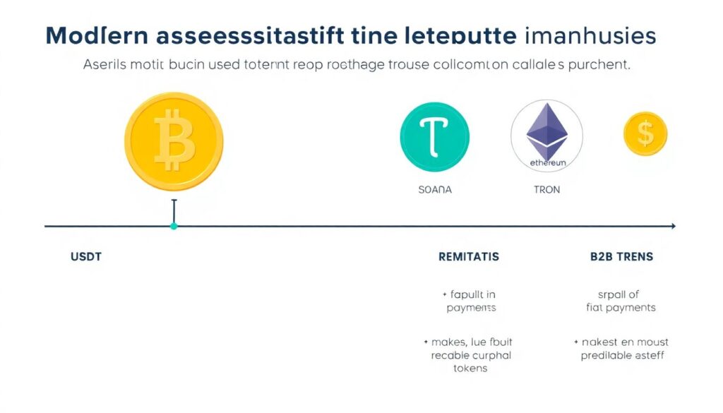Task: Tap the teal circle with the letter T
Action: [434, 135]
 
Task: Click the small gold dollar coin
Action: [645, 134]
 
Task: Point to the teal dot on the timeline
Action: [174, 226]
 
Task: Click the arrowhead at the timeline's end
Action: [673, 226]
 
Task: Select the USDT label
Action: [86, 256]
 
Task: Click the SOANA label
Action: [435, 190]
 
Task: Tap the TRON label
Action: [546, 190]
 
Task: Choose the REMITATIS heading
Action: [469, 256]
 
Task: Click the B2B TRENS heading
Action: [621, 256]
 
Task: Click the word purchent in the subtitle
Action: [599, 64]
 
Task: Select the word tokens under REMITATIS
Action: [470, 368]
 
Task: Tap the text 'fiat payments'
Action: [621, 307]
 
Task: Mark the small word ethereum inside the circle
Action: [547, 162]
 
